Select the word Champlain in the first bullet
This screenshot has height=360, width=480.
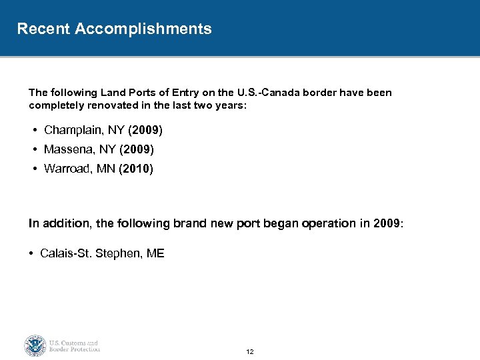(72, 129)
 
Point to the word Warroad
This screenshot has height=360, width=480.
(67, 169)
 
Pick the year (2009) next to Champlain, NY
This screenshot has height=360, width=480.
(146, 129)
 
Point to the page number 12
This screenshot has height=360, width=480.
(250, 351)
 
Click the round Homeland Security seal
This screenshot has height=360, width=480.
(34, 345)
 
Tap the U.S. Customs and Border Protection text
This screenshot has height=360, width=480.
(74, 345)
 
